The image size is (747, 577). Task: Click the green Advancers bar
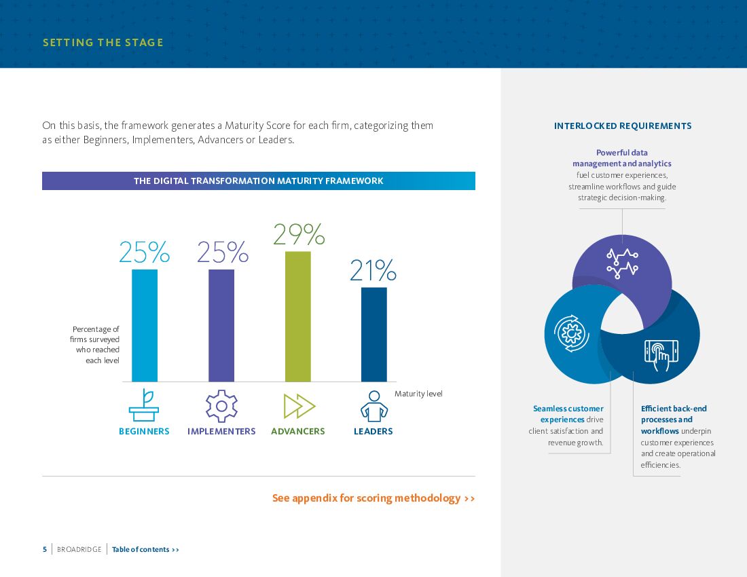click(297, 316)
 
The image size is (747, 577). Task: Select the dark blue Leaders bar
click(374, 334)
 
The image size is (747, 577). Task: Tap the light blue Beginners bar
click(145, 325)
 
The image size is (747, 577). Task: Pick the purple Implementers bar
click(221, 325)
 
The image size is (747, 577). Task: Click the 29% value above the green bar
click(298, 235)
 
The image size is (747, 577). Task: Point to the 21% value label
click(373, 271)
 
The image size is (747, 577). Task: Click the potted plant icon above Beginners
click(144, 405)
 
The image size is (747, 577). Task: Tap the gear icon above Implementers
click(221, 406)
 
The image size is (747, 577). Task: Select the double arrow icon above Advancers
click(299, 406)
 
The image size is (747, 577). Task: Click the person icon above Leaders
click(373, 406)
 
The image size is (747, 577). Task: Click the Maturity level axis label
click(418, 394)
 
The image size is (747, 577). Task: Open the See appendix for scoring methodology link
click(373, 498)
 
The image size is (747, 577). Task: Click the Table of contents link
click(145, 549)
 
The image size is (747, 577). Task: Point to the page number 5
click(45, 549)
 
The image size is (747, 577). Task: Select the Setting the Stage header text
click(103, 43)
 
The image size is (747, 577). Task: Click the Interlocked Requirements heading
click(623, 126)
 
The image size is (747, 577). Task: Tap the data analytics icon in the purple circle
click(623, 263)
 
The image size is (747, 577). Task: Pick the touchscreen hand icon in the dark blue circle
click(661, 354)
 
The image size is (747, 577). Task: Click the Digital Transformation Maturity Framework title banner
click(259, 181)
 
